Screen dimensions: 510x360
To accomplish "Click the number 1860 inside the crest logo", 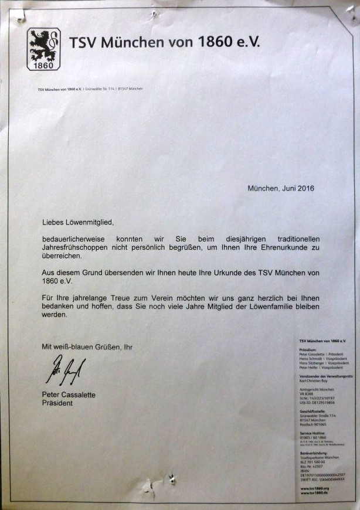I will (44, 65).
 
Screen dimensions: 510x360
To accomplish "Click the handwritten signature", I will (65, 370).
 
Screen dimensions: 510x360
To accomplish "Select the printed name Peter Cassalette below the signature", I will (69, 395).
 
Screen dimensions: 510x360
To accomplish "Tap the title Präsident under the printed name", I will (57, 403).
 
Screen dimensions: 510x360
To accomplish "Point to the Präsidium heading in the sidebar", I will (308, 349).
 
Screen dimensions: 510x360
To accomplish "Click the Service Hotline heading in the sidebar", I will (311, 433).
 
